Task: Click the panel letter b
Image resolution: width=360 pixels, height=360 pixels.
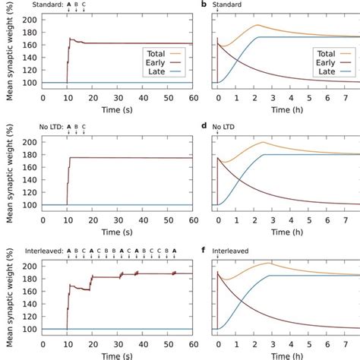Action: (204, 5)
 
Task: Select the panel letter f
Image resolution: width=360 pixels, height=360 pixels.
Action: (204, 247)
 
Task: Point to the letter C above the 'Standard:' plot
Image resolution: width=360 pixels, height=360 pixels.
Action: (84, 5)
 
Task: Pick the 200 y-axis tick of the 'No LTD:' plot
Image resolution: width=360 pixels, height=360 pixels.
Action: (30, 142)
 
